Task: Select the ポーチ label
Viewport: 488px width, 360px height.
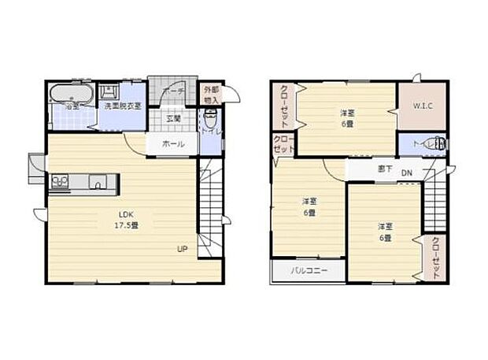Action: pyautogui.click(x=174, y=92)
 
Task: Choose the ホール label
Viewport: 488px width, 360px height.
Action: pyautogui.click(x=173, y=144)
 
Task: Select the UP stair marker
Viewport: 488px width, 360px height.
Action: pyautogui.click(x=182, y=250)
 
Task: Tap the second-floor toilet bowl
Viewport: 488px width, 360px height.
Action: pyautogui.click(x=438, y=143)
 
